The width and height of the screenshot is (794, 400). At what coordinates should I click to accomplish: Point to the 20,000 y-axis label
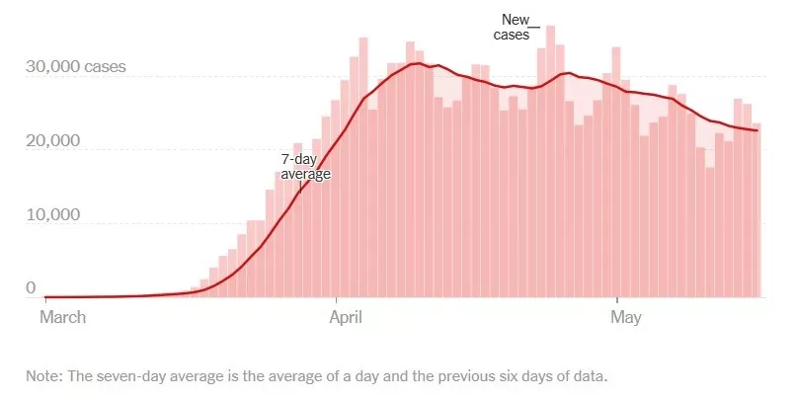(x=52, y=142)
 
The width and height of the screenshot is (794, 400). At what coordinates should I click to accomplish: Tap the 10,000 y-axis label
(x=52, y=216)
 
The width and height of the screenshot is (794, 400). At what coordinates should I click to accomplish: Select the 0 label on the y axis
(x=31, y=288)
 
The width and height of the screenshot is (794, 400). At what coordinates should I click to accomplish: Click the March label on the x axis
(x=62, y=317)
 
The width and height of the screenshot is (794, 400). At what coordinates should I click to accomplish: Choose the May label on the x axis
(x=626, y=317)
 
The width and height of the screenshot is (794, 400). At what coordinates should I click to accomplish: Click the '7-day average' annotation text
(x=305, y=166)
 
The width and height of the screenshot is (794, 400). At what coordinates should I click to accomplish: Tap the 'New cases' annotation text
(x=513, y=27)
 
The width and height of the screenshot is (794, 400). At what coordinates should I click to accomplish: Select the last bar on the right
(x=755, y=198)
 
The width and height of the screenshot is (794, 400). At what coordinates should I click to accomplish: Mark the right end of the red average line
(x=757, y=130)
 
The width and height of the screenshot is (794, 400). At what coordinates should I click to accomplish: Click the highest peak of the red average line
(x=419, y=64)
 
